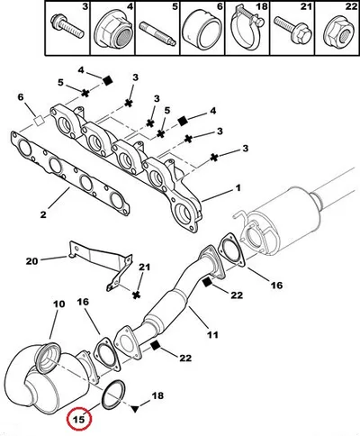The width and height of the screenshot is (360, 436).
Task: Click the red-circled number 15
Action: point(79,419)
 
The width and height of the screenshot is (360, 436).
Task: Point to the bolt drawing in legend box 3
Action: point(67,26)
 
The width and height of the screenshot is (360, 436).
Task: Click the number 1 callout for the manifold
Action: point(238,188)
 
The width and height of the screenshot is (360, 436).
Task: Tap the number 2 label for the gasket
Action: point(43,214)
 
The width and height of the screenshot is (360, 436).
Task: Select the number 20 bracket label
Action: point(31,261)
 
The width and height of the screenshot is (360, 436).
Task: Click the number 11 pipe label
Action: point(212,334)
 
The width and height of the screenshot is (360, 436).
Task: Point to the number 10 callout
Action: point(59,304)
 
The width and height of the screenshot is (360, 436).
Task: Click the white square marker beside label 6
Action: point(39,121)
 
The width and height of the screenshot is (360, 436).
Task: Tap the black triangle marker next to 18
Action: point(135,408)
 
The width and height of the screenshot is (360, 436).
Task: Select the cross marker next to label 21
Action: point(137,295)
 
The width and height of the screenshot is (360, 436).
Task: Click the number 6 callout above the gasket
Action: point(21,97)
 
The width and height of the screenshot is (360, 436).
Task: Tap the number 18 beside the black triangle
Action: point(158,395)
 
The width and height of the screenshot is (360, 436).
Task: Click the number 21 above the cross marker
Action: point(144,267)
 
